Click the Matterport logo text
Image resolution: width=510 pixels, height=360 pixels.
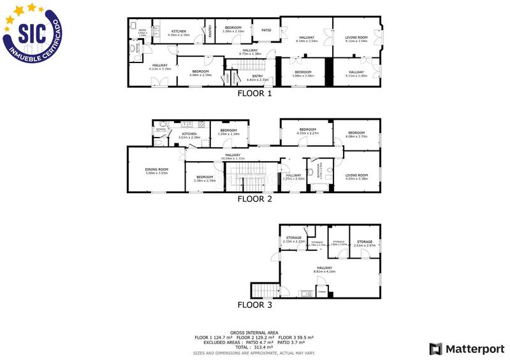[x=471, y=349]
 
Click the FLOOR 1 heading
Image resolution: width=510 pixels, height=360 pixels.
[x=254, y=94]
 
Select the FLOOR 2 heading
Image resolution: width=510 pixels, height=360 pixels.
[x=254, y=199]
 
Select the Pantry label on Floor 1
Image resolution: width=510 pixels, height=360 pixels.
[x=210, y=31]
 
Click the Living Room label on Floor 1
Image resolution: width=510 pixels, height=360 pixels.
[x=356, y=38]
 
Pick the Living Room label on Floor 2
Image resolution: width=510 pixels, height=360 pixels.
[x=356, y=175]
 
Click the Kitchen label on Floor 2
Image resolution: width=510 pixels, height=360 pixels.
[x=190, y=134]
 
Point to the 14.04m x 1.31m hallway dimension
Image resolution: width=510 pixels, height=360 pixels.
[x=232, y=158]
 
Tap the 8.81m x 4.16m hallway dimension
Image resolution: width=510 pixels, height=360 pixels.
[x=324, y=271]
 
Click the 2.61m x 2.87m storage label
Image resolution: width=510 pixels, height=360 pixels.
[x=364, y=245]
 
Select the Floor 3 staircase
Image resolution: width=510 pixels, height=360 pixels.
[x=265, y=291]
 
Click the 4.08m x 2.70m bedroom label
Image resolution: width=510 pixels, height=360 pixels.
[x=356, y=136]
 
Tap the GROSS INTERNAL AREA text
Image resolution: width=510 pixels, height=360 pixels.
[x=254, y=332]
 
